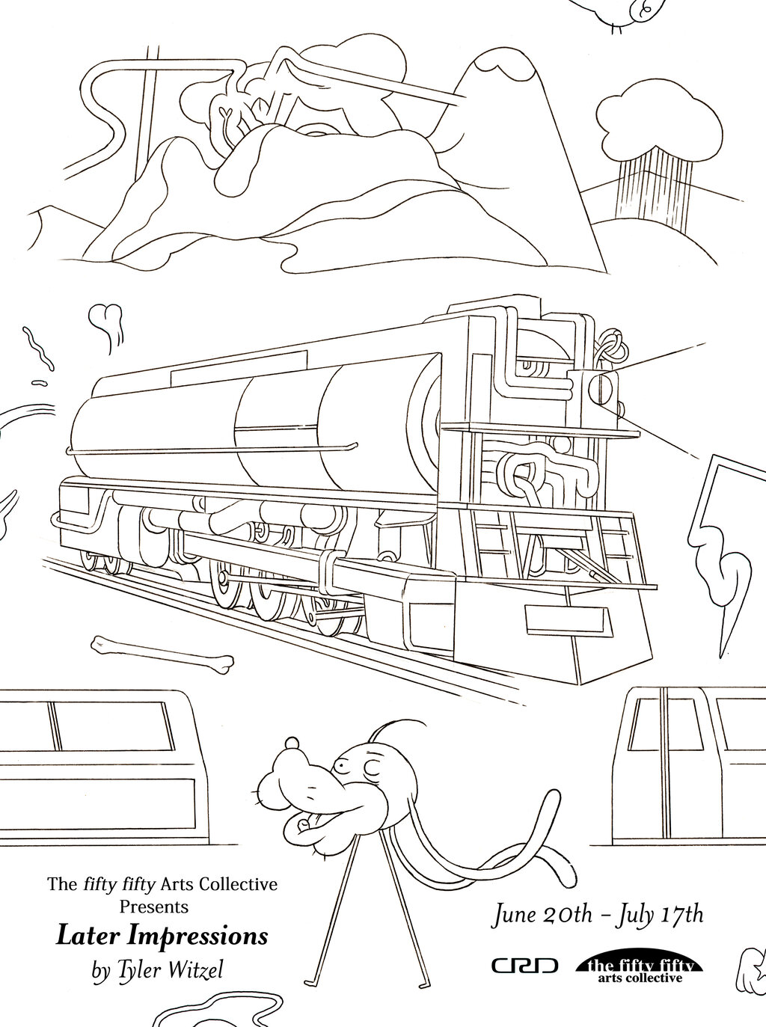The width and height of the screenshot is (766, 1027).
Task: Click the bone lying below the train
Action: tap(162, 654)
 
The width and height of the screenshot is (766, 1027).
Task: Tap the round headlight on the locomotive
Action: tap(600, 389)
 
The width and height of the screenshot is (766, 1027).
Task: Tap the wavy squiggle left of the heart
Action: tap(37, 348)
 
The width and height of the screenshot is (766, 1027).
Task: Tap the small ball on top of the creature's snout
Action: tap(292, 742)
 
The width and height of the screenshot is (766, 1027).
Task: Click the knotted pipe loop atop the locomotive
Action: tap(610, 347)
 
